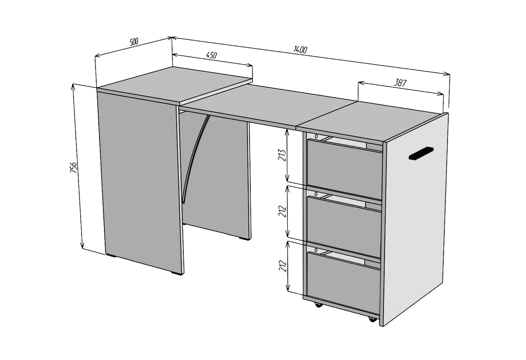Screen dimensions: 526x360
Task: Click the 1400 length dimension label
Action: coord(300,50)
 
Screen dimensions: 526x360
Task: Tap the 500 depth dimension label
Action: coord(134,42)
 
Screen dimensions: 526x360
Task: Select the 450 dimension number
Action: coord(211,55)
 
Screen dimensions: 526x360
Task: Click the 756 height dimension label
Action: coord(73,167)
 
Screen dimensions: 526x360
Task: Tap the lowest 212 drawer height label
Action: coord(283,266)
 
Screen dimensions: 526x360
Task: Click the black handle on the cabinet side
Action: coord(421,153)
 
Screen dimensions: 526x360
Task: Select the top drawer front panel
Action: coord(345,169)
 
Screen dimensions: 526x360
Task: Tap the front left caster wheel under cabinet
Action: coord(318,305)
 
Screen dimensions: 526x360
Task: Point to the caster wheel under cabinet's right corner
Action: coord(372,319)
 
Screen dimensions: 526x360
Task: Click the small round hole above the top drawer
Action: coord(316,136)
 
